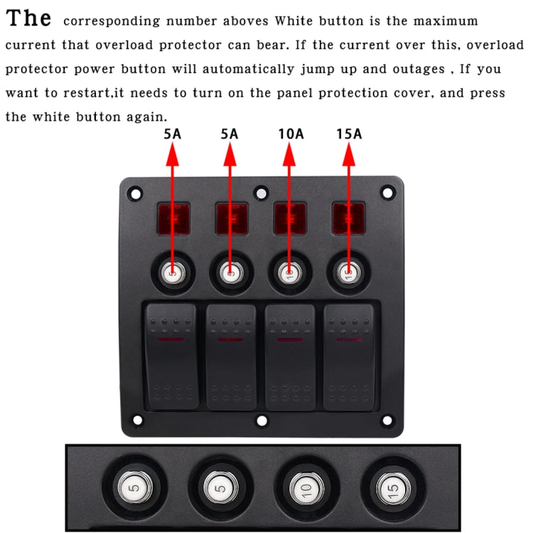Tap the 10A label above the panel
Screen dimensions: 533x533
289,133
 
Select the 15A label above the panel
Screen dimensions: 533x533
348,133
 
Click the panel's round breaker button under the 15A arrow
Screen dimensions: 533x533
348,272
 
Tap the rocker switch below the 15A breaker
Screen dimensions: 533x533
349,357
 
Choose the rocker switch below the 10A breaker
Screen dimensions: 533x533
290,357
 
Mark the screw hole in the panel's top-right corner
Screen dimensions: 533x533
387,192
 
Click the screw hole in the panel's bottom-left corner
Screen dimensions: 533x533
136,420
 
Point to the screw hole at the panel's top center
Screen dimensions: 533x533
262,192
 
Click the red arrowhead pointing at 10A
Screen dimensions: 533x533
289,151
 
